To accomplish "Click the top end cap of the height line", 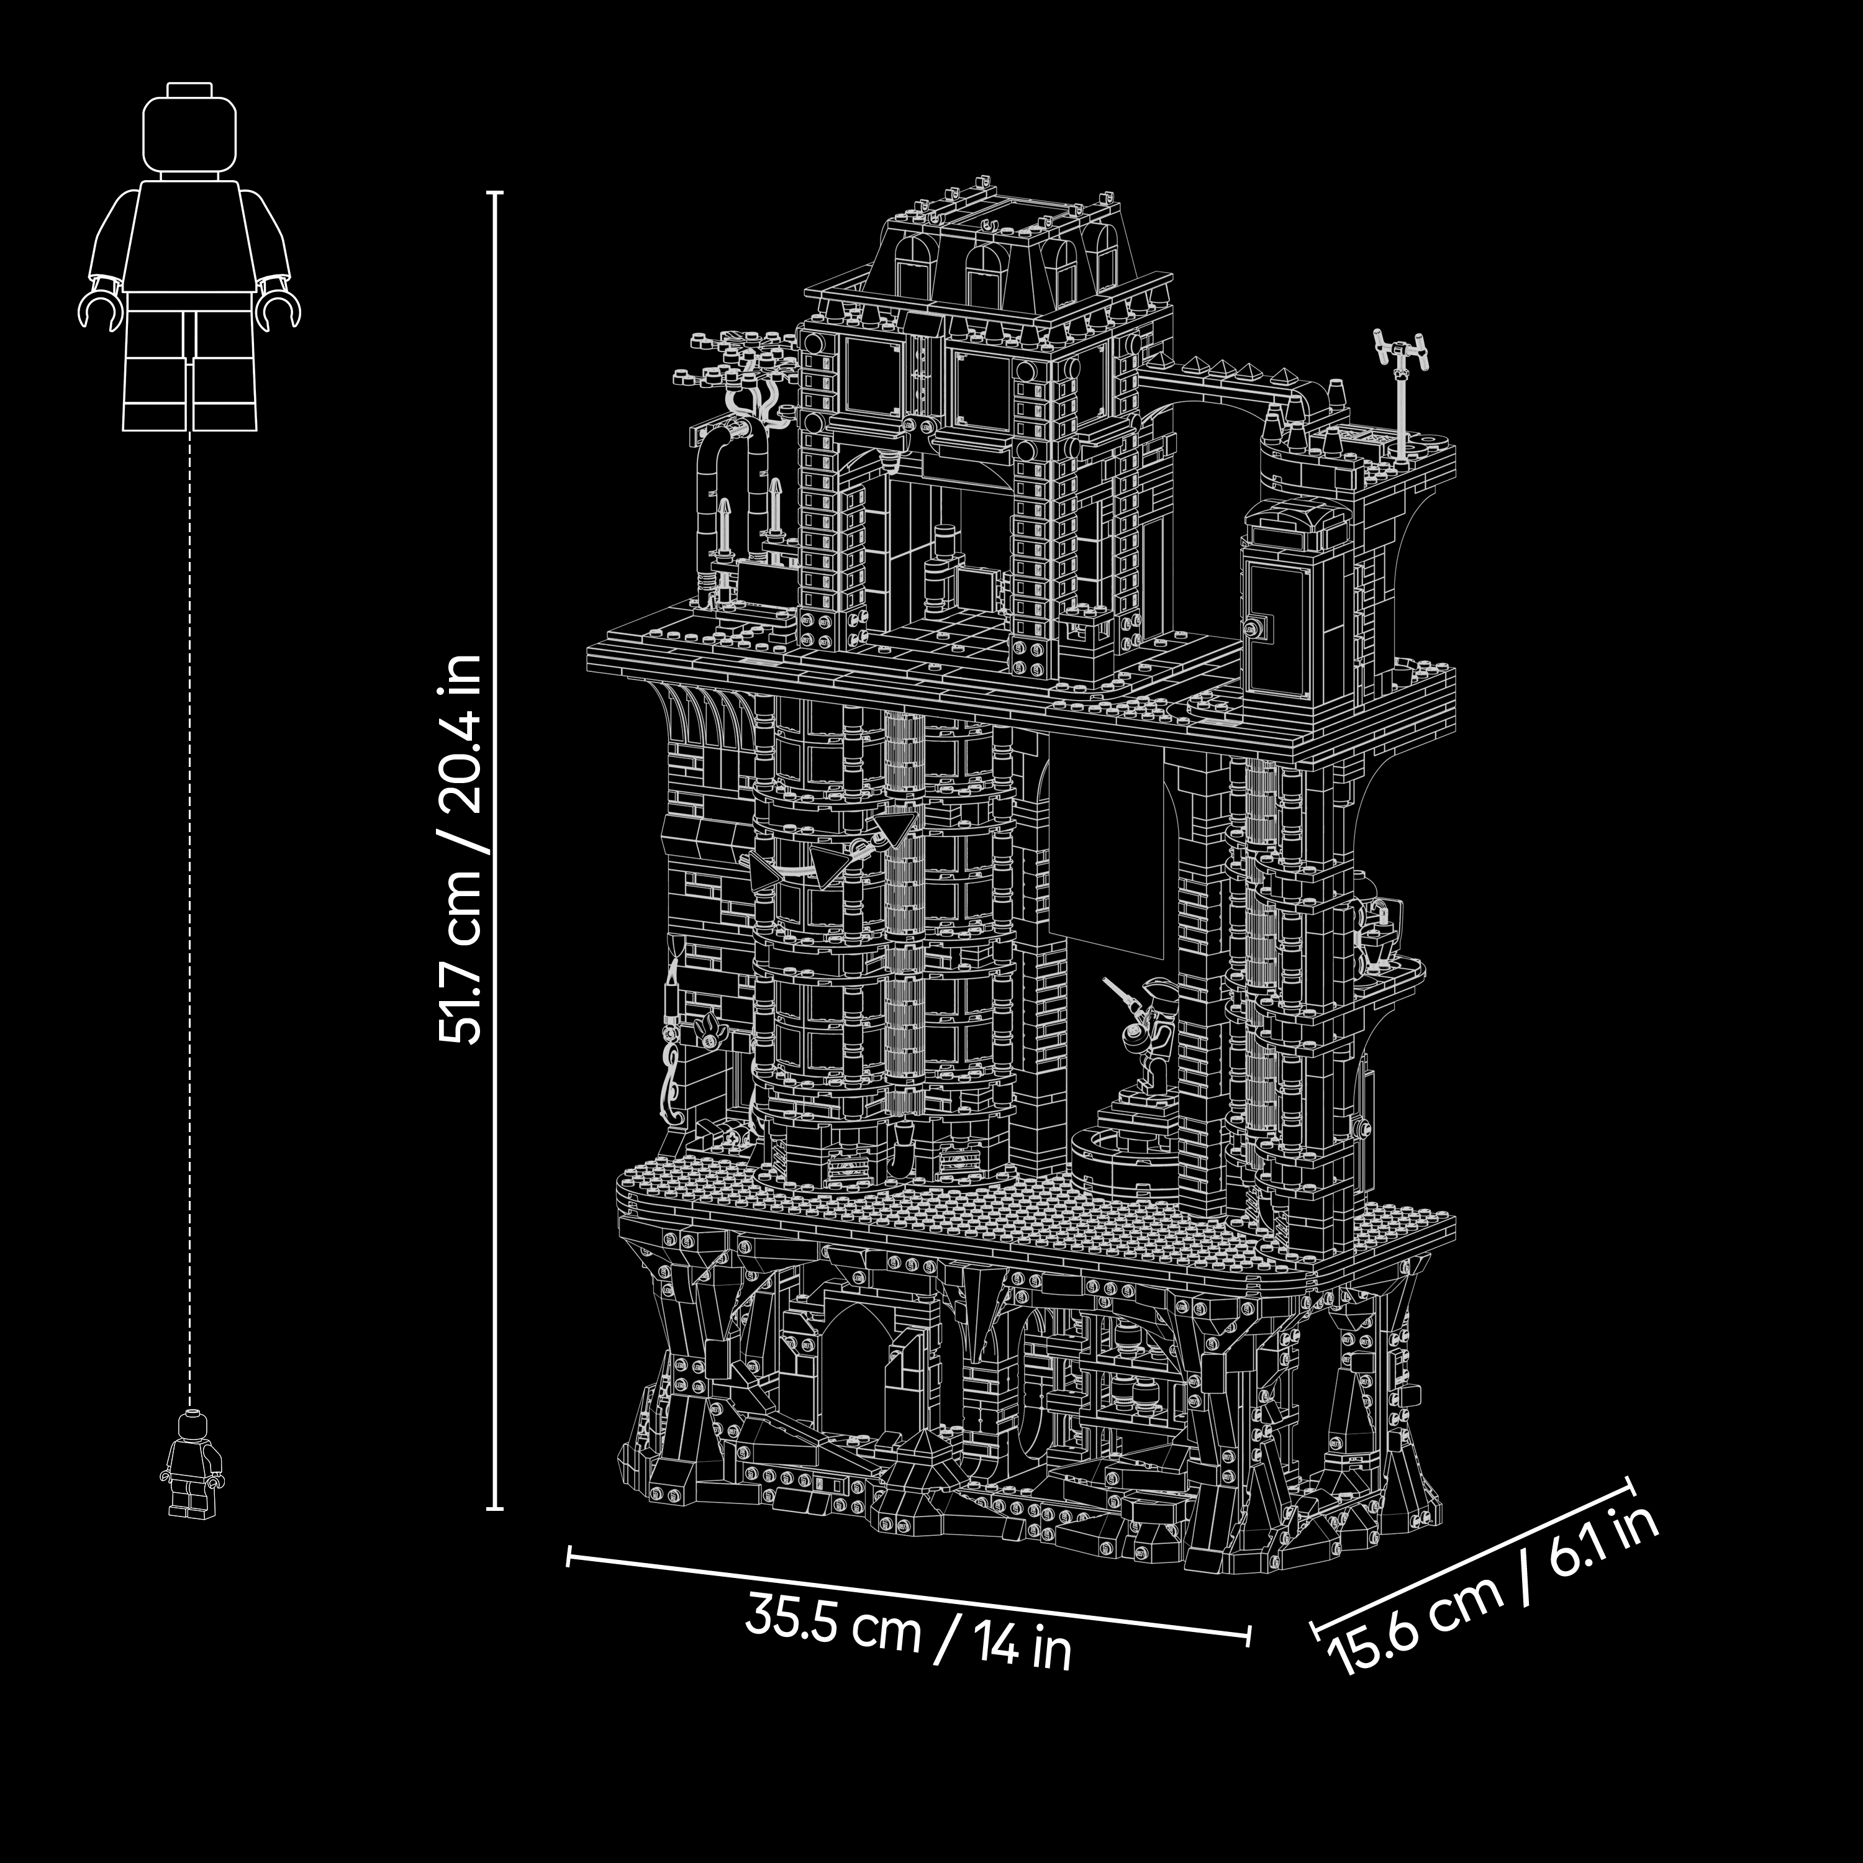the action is click(x=495, y=193).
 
